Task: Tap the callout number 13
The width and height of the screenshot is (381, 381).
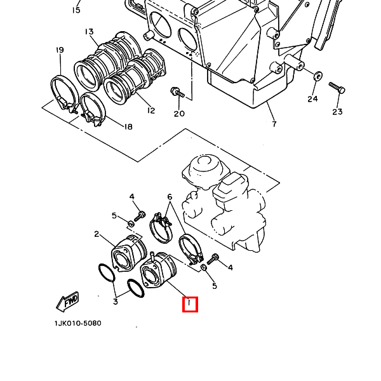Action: point(89,32)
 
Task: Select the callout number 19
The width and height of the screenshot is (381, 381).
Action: point(60,50)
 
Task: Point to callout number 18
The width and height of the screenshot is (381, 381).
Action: point(128,126)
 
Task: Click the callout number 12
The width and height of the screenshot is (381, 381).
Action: point(151,110)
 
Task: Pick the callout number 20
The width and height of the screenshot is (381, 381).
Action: point(179,114)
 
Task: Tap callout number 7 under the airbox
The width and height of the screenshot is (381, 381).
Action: point(274,124)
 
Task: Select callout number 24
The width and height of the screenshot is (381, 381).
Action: point(312,99)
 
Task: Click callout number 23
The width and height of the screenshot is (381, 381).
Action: point(338,112)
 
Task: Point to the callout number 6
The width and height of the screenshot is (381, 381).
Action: point(170,197)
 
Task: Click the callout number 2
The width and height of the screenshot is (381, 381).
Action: point(97,234)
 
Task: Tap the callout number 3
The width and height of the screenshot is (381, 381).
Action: point(116,302)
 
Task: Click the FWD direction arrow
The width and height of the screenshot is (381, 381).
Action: point(68,302)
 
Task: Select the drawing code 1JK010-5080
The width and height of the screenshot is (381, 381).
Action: point(77,323)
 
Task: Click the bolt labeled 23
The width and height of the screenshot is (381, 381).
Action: point(337,88)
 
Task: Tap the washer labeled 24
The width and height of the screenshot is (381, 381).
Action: point(317,76)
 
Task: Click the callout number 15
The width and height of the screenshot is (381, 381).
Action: point(76,10)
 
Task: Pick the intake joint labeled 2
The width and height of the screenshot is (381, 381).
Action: point(129,253)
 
